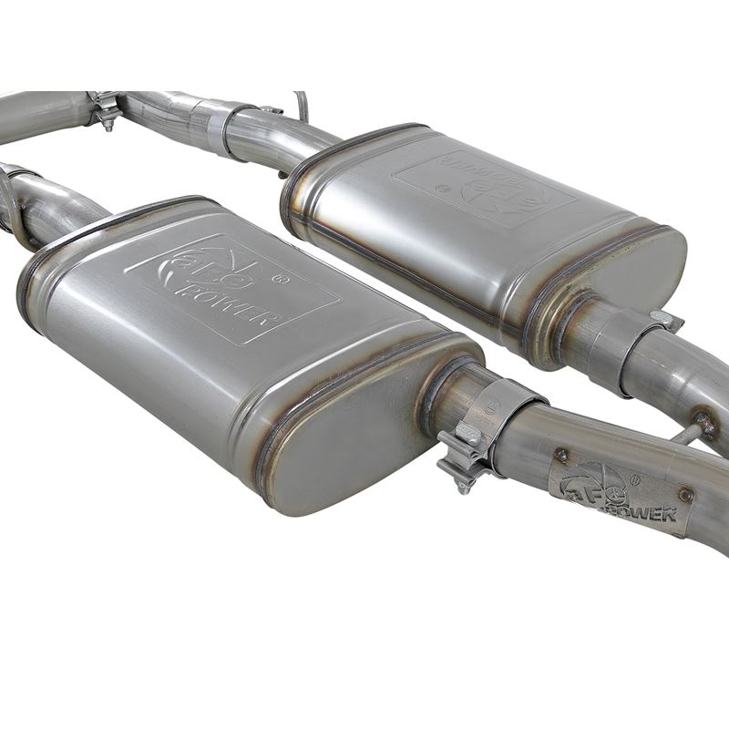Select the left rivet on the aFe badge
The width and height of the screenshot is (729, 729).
561,455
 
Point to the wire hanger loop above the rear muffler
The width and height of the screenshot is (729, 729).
301,105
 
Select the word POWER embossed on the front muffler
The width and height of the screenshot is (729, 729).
239,305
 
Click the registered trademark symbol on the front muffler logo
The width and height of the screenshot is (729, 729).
284,279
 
